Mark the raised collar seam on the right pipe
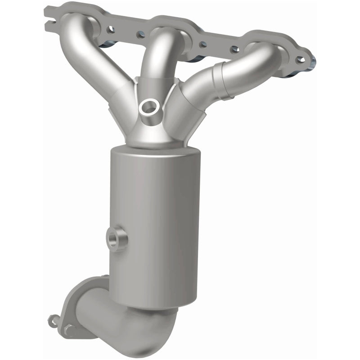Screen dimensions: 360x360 (x=223, y=81)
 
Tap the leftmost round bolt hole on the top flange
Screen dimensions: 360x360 (x=111, y=29)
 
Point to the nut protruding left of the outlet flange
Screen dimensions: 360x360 (x=53, y=321)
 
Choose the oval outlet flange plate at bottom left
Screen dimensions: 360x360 (x=79, y=306)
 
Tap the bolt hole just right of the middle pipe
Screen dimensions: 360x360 (x=203, y=45)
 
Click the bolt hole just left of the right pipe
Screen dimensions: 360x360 (x=234, y=49)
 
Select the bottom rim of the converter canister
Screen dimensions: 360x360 (x=153, y=304)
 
